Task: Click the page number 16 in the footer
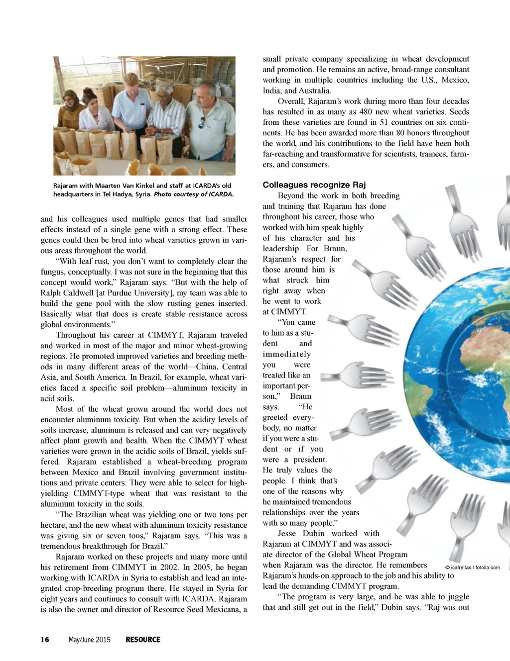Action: (45, 640)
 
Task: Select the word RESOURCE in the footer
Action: (143, 640)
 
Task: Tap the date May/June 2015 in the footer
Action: (89, 640)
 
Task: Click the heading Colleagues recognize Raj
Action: (314, 185)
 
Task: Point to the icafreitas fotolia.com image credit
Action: (472, 567)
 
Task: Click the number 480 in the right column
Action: (366, 112)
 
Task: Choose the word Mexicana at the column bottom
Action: (223, 610)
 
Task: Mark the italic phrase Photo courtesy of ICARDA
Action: (194, 194)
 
